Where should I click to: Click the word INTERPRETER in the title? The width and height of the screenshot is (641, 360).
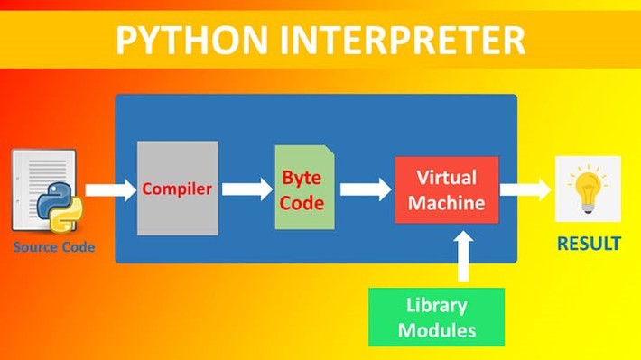click(x=398, y=41)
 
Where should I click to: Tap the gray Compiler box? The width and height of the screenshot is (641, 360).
click(x=178, y=189)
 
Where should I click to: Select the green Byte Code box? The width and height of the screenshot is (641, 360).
click(x=302, y=189)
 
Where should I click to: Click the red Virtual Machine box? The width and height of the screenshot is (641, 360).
click(x=446, y=189)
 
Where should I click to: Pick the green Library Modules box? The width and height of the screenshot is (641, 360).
click(x=436, y=317)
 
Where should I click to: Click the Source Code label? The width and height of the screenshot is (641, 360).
click(x=53, y=246)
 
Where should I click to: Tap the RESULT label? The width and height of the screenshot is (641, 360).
click(x=588, y=244)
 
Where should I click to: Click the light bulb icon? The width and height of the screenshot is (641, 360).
click(x=588, y=189)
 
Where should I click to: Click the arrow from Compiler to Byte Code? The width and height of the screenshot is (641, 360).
click(x=246, y=189)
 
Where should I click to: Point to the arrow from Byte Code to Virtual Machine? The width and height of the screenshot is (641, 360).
click(x=359, y=189)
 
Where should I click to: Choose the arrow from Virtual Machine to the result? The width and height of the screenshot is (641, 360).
click(x=525, y=189)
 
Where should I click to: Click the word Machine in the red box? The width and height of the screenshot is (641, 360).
click(x=446, y=203)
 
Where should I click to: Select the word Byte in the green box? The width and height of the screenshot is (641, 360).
click(x=302, y=178)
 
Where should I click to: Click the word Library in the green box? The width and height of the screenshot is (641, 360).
click(x=436, y=305)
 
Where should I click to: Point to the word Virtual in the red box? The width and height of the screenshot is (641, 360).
click(x=446, y=177)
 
